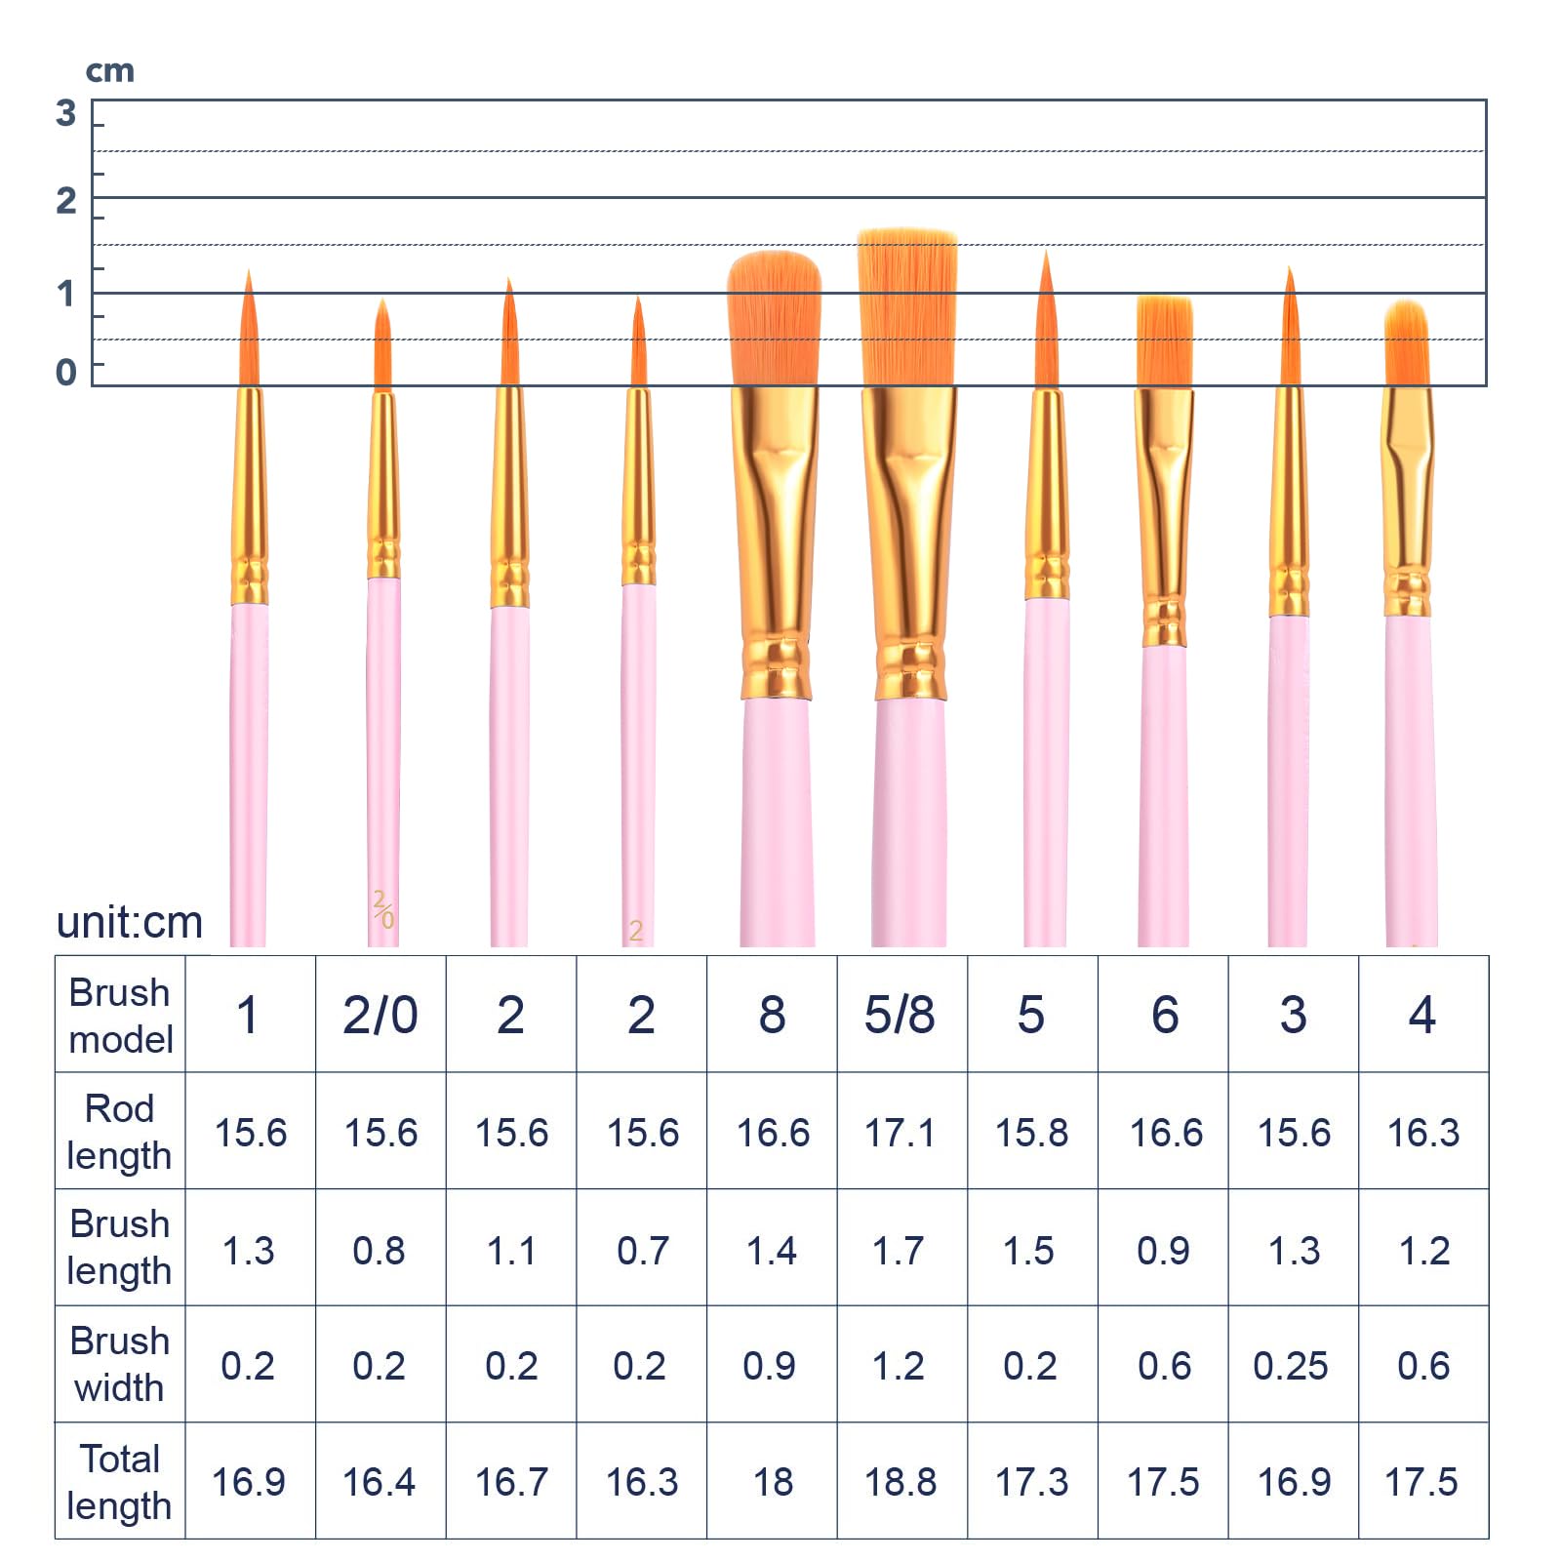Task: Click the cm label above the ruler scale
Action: click(x=109, y=71)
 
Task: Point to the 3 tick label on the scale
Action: click(x=66, y=113)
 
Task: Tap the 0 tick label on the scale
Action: click(x=66, y=372)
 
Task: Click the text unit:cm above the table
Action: click(x=130, y=922)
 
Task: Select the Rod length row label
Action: click(x=119, y=1132)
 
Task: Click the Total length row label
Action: click(x=119, y=1482)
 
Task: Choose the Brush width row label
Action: click(x=119, y=1364)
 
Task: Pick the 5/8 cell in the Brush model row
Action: click(x=900, y=1015)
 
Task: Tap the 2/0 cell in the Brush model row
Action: click(x=380, y=1015)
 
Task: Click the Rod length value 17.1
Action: click(x=900, y=1133)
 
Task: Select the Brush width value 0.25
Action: click(x=1291, y=1366)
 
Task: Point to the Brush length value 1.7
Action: click(x=899, y=1250)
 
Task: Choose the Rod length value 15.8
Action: click(x=1031, y=1133)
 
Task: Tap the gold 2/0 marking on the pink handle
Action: click(x=383, y=908)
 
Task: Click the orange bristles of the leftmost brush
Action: click(x=249, y=337)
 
